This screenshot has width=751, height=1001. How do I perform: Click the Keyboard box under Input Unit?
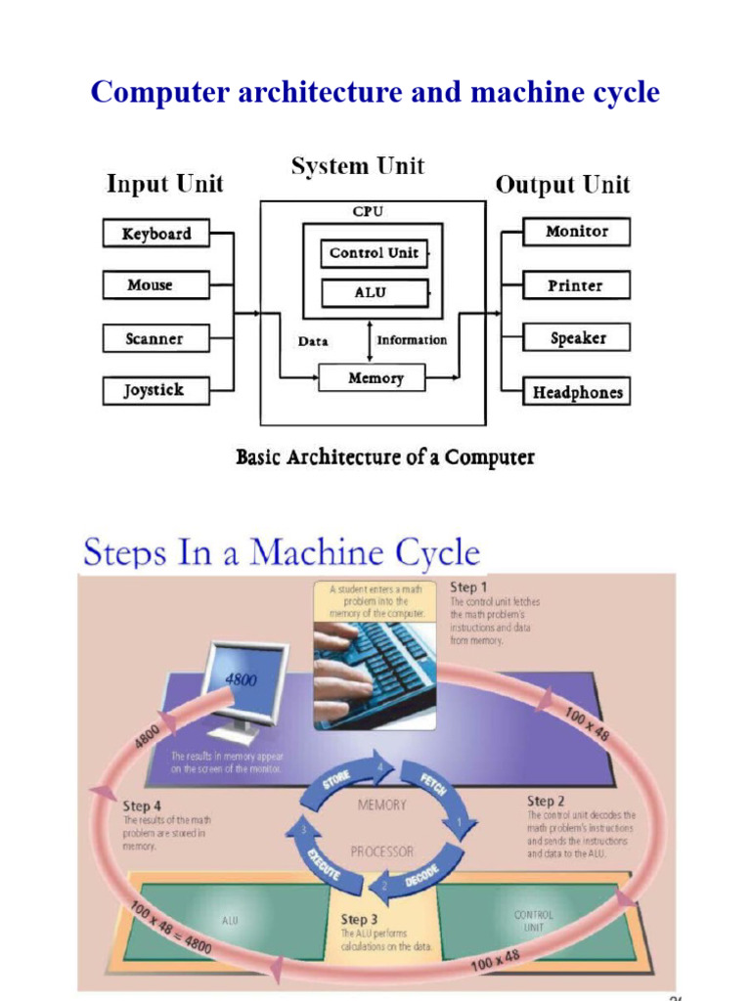click(x=155, y=234)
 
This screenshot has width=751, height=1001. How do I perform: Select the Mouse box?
click(x=155, y=285)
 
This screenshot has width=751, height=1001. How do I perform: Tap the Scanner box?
click(x=155, y=338)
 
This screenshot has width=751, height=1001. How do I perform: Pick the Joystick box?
click(x=155, y=391)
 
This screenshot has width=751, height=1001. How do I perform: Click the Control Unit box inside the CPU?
click(x=374, y=253)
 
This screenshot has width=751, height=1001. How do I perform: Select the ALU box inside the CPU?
click(x=374, y=292)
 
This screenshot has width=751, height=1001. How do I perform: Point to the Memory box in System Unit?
click(x=374, y=377)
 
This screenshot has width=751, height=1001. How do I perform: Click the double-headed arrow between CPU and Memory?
click(x=370, y=341)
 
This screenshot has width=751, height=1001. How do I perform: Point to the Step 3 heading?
click(x=359, y=919)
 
